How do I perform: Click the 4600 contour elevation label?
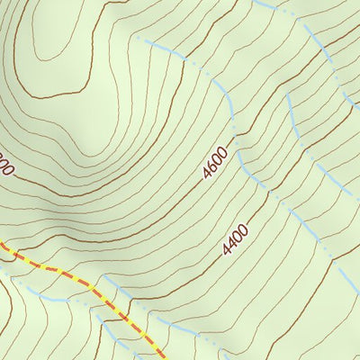point(215,162)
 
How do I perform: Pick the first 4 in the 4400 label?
point(227,249)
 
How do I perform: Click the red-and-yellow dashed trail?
point(81,280)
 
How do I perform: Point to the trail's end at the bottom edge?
point(163,357)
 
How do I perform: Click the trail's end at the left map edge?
point(3,242)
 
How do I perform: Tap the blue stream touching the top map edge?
point(261,4)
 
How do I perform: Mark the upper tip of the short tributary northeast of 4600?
point(287,94)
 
